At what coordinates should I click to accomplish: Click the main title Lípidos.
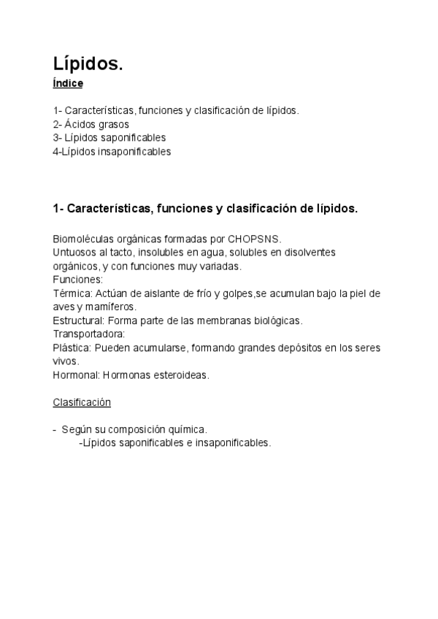pos(88,64)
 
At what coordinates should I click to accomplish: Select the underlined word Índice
pos(68,84)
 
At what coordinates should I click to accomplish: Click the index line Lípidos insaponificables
pos(115,152)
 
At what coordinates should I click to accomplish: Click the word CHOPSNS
pos(254,239)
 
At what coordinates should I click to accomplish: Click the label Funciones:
pos(78,280)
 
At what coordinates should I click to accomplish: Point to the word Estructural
pos(77,320)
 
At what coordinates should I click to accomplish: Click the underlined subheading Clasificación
pos(82,402)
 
